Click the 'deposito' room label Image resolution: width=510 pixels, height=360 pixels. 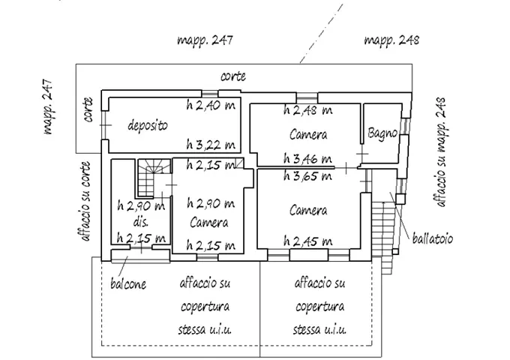(x=148, y=125)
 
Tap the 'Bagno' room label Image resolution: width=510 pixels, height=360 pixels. (x=382, y=133)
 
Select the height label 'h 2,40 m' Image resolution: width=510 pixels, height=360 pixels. (x=211, y=105)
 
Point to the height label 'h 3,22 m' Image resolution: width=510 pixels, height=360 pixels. (x=211, y=144)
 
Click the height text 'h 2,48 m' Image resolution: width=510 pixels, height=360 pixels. (x=307, y=110)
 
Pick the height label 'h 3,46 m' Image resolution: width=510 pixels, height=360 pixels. (x=307, y=159)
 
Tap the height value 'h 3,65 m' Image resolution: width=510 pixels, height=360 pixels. (x=307, y=176)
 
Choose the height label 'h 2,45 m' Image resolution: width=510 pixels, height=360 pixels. (x=307, y=241)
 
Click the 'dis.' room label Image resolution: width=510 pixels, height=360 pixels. (x=141, y=222)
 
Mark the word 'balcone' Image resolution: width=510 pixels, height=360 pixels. (x=128, y=284)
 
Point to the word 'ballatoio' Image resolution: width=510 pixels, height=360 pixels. (x=432, y=238)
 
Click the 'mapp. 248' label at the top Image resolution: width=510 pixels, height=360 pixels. (x=391, y=40)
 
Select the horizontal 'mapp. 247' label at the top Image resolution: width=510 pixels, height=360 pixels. (x=205, y=40)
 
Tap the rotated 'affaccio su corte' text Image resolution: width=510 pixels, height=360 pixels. (x=85, y=201)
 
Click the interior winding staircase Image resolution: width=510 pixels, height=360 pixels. (x=154, y=178)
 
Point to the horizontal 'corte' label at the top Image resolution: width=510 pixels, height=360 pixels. (x=233, y=76)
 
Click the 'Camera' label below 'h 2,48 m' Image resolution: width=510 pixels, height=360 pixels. (x=308, y=134)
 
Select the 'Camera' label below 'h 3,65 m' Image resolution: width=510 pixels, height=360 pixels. (x=308, y=210)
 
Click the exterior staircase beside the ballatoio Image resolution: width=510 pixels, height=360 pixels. (x=384, y=234)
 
